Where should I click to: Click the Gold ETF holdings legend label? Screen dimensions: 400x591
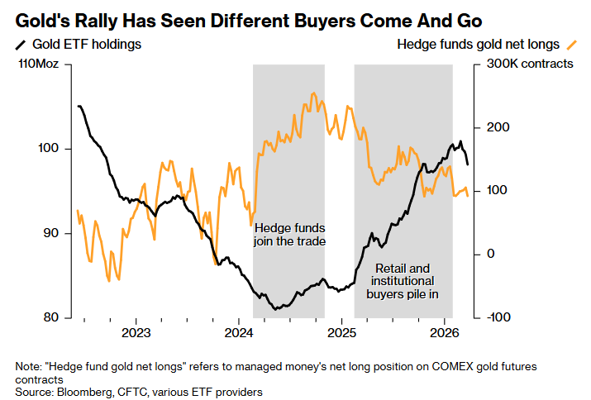click(x=86, y=45)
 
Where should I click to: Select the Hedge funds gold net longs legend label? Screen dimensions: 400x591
click(x=478, y=44)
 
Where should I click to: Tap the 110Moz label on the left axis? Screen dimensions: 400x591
click(x=38, y=64)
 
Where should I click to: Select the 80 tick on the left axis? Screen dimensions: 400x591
click(x=51, y=317)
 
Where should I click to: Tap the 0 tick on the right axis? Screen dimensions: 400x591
click(x=489, y=254)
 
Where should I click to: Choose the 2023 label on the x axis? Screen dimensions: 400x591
click(x=136, y=333)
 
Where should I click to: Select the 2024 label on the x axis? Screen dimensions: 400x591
click(x=239, y=333)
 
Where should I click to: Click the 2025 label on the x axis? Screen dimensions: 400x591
click(x=341, y=333)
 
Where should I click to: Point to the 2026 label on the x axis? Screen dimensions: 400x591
click(x=445, y=333)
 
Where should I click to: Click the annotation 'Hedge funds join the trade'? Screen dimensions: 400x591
click(x=289, y=235)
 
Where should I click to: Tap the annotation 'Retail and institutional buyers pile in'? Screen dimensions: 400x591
click(x=403, y=280)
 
